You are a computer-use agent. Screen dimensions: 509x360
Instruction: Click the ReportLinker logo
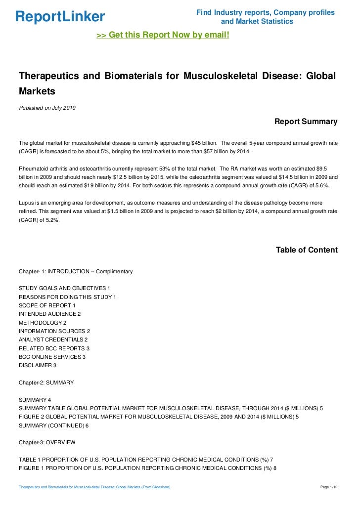point(60,17)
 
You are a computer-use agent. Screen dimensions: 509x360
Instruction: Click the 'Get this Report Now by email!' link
point(163,36)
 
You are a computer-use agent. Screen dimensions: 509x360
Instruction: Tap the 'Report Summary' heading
point(306,122)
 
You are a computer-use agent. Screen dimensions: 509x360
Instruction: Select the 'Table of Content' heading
point(307,250)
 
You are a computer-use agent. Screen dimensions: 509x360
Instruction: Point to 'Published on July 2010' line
point(47,108)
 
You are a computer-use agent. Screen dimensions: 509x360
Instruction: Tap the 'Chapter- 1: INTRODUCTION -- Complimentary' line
point(76,272)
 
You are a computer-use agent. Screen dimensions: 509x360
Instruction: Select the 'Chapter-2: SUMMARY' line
point(46,383)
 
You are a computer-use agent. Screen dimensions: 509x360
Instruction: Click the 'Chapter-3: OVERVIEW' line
point(47,442)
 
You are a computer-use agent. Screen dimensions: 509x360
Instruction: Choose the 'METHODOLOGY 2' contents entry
point(43,322)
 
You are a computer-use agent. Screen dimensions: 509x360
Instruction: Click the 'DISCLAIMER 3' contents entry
point(38,365)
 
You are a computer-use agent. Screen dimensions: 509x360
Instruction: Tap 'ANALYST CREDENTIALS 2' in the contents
point(53,339)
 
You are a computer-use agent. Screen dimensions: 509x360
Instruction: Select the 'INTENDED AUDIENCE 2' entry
point(49,314)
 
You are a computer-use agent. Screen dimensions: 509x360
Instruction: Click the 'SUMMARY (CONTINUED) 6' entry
point(54,425)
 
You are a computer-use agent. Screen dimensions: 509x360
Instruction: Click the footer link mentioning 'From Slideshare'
point(94,487)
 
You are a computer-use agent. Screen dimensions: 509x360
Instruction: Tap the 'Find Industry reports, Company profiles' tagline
point(266,12)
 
